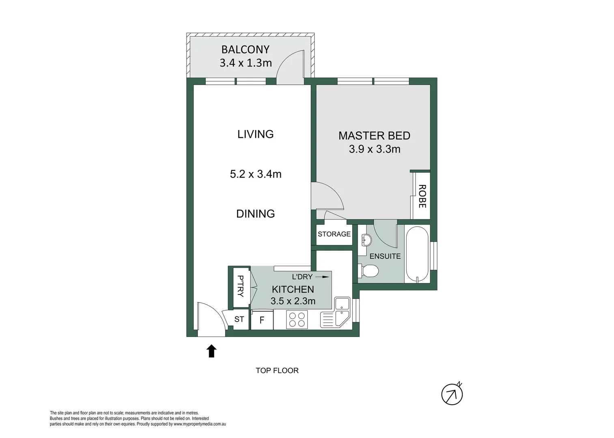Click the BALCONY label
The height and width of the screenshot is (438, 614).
[x=246, y=49]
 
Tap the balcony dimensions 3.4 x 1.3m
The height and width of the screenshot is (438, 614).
[x=246, y=63]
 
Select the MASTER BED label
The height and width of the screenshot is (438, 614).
[x=374, y=136]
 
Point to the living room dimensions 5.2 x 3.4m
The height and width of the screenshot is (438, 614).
[x=256, y=174]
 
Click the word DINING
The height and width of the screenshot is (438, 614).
[x=256, y=214]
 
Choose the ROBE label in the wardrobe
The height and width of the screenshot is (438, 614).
[x=422, y=196]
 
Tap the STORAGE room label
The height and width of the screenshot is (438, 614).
[x=334, y=234]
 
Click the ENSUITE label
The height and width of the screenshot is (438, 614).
[x=385, y=256]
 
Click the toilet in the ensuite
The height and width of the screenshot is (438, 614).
[x=368, y=271]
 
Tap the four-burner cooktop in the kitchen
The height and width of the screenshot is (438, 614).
[x=297, y=320]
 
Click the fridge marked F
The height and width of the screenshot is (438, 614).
[x=262, y=320]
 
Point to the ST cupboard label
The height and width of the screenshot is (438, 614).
[x=239, y=320]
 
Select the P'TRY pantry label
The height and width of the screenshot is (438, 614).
[x=240, y=286]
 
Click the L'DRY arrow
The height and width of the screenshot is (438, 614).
[x=322, y=277]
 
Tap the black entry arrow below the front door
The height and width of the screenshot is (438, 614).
[x=211, y=351]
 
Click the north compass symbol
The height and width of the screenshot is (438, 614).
[x=452, y=394]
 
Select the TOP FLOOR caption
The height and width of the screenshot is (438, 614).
[x=277, y=371]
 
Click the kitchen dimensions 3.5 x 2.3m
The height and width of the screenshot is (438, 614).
[x=293, y=301]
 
